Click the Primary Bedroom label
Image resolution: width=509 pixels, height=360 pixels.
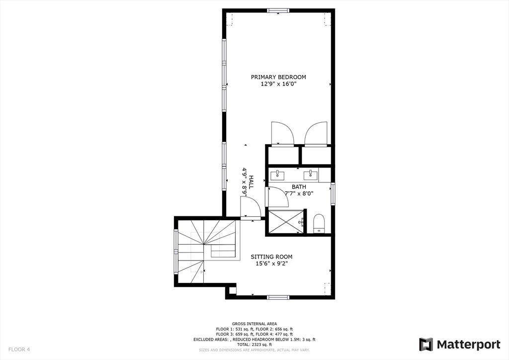tap(278, 77)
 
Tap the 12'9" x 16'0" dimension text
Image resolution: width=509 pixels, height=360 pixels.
tap(278, 85)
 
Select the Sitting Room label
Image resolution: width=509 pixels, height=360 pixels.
tap(271, 257)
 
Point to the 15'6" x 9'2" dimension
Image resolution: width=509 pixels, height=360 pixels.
tap(271, 264)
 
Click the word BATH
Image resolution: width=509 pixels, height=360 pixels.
tap(299, 187)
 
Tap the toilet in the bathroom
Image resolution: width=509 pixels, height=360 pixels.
tap(319, 223)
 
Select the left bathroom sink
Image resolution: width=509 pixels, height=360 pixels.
tap(277, 175)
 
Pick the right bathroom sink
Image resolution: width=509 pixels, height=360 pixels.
tap(312, 174)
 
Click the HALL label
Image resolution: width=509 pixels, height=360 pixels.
tap(251, 181)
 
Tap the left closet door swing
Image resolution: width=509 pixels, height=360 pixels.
tap(282, 133)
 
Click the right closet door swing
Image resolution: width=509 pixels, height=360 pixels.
tap(316, 133)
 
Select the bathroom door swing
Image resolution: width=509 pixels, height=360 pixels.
tap(277, 197)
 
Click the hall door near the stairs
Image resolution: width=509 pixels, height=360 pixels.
tap(250, 207)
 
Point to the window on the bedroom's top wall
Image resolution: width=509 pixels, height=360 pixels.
tap(278, 10)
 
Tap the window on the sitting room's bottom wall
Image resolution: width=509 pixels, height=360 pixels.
tap(278, 297)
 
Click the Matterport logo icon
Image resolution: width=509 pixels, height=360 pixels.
tap(426, 344)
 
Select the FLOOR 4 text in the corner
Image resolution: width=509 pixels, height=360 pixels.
tap(19, 349)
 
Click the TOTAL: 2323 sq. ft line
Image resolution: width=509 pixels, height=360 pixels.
tap(254, 345)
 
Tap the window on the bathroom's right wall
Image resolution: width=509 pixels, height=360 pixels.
tap(333, 194)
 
